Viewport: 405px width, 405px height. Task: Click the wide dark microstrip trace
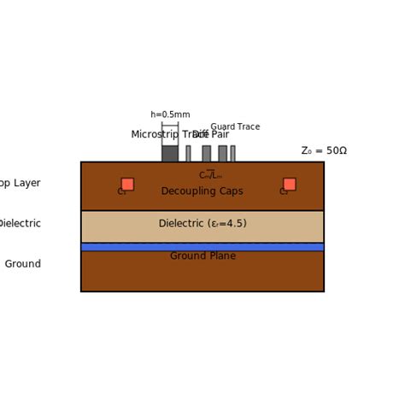pyautogui.click(x=170, y=154)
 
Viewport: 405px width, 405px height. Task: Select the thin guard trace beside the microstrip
pyautogui.click(x=188, y=154)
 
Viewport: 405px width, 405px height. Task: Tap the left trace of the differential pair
pyautogui.click(x=206, y=154)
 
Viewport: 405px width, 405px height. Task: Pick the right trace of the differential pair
pyautogui.click(x=222, y=154)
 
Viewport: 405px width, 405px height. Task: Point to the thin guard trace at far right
pyautogui.click(x=232, y=154)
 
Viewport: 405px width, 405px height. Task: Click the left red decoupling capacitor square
pyautogui.click(x=127, y=184)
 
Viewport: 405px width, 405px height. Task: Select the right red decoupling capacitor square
pyautogui.click(x=290, y=184)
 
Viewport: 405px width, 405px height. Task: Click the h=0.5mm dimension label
pyautogui.click(x=170, y=114)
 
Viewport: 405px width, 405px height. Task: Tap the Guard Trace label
pyautogui.click(x=235, y=126)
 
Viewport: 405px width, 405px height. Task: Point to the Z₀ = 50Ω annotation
pyautogui.click(x=324, y=151)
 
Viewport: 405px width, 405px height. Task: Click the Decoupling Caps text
pyautogui.click(x=202, y=191)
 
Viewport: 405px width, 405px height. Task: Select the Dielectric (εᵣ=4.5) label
pyautogui.click(x=202, y=224)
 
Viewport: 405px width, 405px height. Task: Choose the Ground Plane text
pyautogui.click(x=202, y=256)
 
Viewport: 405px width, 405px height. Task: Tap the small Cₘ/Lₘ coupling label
pyautogui.click(x=210, y=175)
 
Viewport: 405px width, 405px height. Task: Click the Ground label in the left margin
pyautogui.click(x=23, y=264)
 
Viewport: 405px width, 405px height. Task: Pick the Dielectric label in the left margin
pyautogui.click(x=20, y=224)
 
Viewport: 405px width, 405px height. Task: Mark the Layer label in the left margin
pyautogui.click(x=26, y=183)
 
